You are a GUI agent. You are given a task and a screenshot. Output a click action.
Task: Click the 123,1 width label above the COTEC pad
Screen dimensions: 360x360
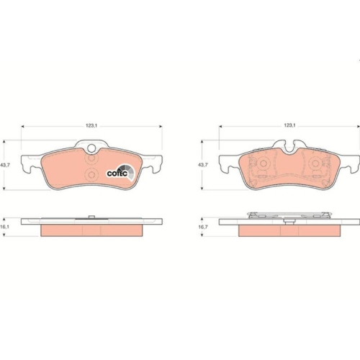click(91, 126)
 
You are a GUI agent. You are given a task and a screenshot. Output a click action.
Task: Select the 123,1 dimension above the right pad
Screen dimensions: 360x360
click(289, 125)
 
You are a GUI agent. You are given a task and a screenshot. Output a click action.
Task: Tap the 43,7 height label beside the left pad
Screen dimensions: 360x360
click(6, 165)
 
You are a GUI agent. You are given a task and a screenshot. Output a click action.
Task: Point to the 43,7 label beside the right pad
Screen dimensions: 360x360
click(203, 165)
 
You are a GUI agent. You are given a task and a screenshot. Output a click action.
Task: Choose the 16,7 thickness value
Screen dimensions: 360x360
click(203, 227)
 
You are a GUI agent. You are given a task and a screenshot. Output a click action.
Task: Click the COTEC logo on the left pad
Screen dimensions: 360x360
click(121, 172)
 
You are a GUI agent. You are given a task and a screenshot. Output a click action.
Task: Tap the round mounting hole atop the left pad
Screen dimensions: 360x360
click(91, 148)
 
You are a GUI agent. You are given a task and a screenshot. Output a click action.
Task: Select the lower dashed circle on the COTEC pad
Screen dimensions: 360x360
click(91, 174)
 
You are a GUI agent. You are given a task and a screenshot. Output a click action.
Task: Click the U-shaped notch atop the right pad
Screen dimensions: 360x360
click(289, 147)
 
